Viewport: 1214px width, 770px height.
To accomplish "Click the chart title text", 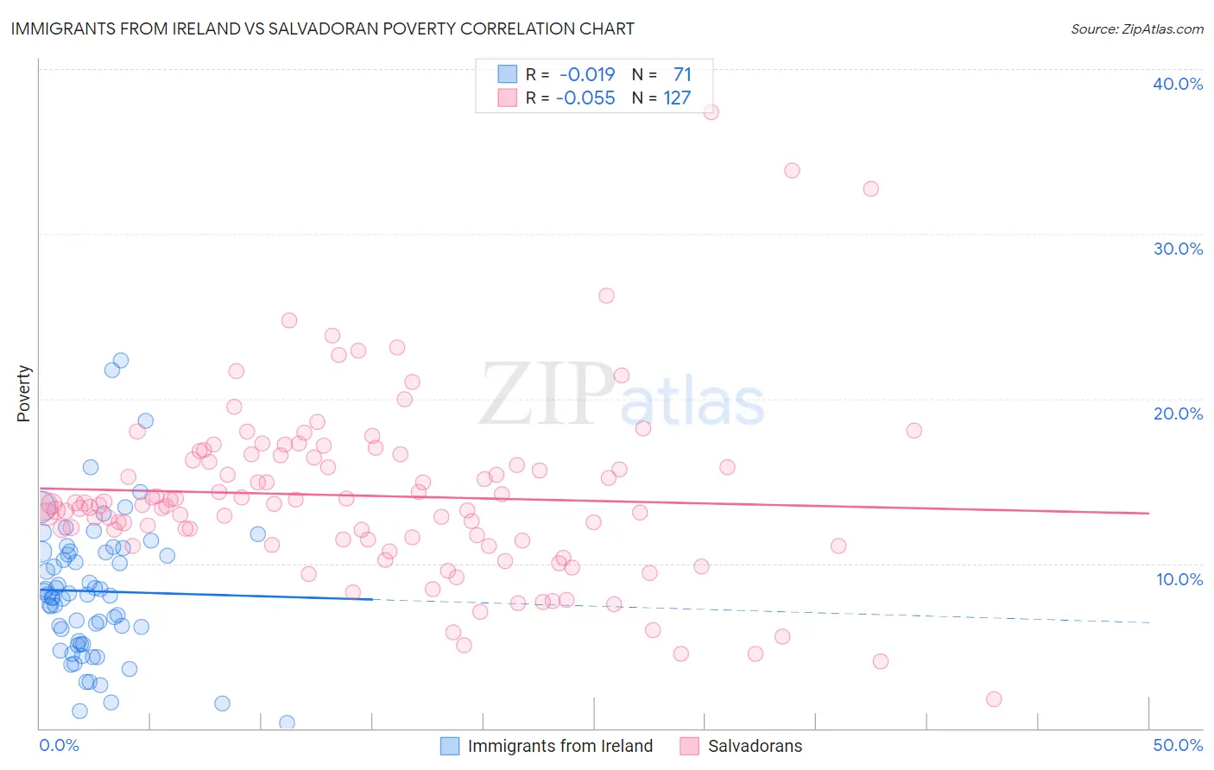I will coord(322,28).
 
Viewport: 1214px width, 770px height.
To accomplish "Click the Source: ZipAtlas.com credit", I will coord(1136,29).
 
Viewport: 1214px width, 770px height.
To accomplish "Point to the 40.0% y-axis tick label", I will coord(1178,84).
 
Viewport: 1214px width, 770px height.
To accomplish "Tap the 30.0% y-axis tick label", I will coord(1178,249).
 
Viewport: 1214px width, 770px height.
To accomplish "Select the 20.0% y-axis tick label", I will coord(1178,413).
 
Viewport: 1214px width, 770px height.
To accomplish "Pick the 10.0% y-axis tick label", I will coord(1178,579).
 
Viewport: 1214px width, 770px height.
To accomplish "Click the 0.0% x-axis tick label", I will coord(59,745).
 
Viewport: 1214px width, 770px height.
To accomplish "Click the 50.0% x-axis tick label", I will coord(1178,745).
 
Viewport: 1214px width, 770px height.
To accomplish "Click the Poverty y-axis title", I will coord(23,394).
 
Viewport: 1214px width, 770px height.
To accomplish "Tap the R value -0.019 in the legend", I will coord(587,75).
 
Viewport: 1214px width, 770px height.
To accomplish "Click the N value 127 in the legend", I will coord(677,98).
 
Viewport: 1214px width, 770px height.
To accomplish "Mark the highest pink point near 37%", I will coord(711,112).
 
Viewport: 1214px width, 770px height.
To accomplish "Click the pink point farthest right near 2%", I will coord(994,699).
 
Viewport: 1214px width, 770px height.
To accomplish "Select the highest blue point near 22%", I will coord(121,360).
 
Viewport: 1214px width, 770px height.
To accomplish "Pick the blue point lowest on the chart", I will coord(287,723).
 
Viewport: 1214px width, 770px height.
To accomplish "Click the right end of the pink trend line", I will coord(1148,513).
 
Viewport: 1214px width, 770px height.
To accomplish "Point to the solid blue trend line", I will coord(207,595).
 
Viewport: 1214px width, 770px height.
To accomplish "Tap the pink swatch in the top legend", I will coord(507,98).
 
